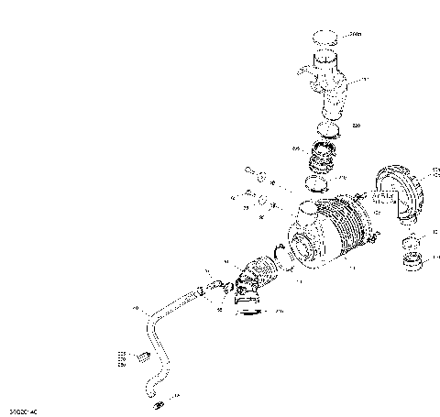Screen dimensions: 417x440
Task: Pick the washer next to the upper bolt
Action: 263,176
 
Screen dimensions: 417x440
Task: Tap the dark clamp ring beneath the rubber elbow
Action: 247,313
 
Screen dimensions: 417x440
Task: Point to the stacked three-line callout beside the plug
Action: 120,358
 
